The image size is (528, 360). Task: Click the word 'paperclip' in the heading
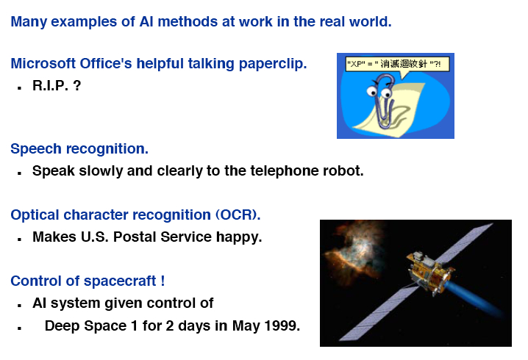click(x=273, y=64)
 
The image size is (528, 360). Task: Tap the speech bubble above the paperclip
click(x=397, y=65)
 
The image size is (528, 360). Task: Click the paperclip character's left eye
click(x=372, y=91)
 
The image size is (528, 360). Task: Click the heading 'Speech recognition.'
click(x=79, y=148)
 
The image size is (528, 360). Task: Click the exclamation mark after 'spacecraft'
click(x=163, y=281)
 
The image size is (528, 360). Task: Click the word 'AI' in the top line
click(x=146, y=22)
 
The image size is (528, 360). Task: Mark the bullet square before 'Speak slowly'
click(x=20, y=173)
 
